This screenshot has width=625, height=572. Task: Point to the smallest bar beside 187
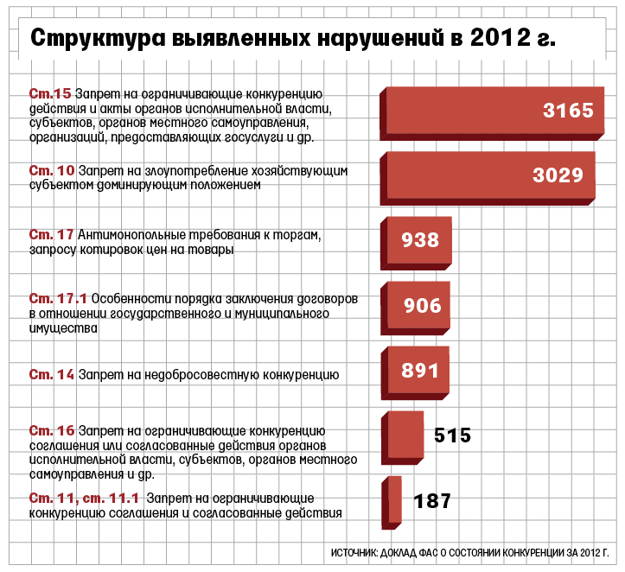(394, 502)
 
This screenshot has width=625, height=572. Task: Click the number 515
(452, 435)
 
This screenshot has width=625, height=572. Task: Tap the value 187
(432, 501)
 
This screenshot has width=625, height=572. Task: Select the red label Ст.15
(49, 93)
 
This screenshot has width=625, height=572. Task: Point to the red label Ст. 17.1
(57, 298)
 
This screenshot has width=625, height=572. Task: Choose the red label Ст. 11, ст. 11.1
(84, 499)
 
